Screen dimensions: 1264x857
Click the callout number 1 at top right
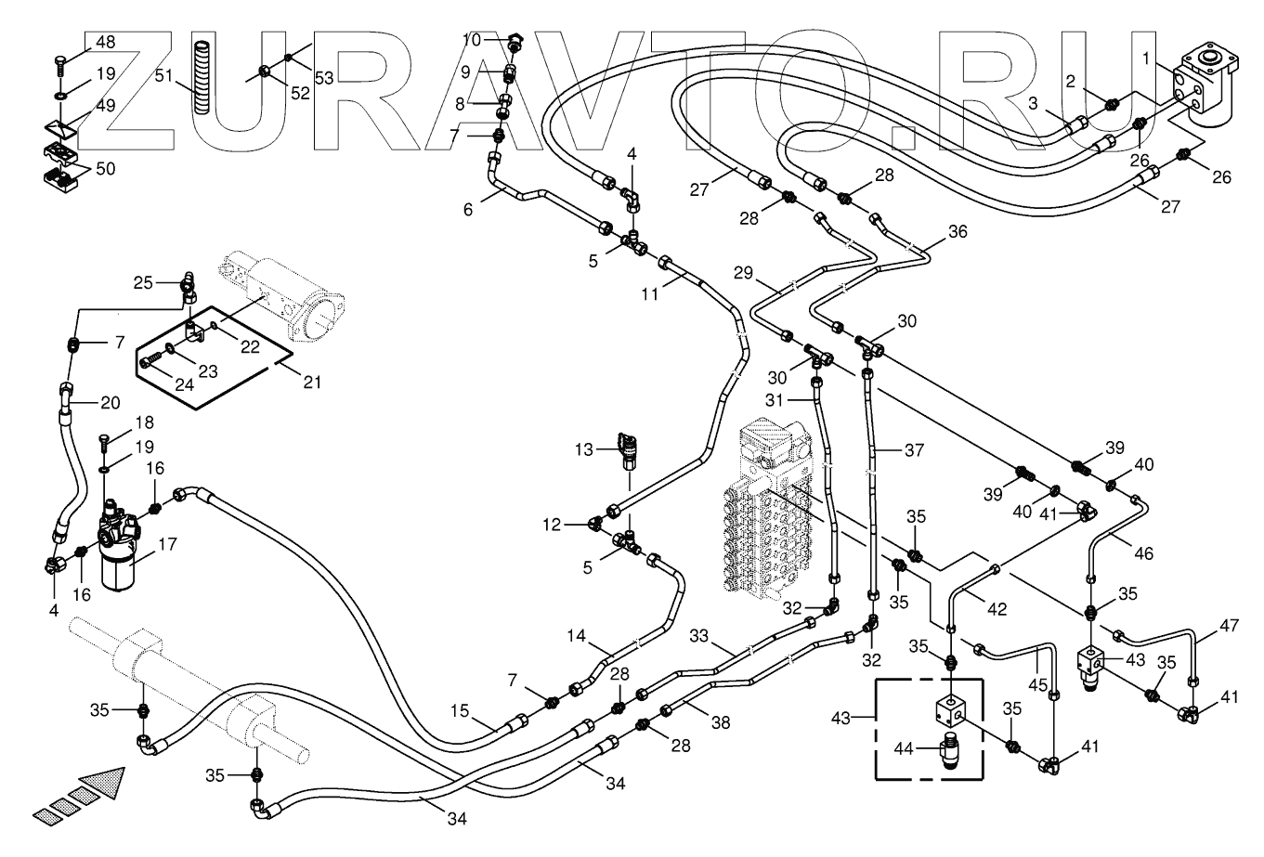point(1146,58)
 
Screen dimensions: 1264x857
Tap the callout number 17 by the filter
point(167,544)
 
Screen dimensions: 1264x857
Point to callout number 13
point(584,449)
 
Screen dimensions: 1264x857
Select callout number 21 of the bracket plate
point(312,382)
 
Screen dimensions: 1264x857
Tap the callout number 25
point(143,282)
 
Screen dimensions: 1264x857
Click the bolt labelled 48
point(60,67)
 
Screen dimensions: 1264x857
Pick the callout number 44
point(904,749)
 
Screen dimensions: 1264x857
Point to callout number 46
point(1144,553)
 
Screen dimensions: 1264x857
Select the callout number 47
point(1229,625)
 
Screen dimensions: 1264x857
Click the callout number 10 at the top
point(472,40)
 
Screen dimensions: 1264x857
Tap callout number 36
point(958,231)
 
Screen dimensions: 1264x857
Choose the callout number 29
point(743,272)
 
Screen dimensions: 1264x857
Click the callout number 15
point(460,711)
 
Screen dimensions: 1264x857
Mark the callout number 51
point(163,75)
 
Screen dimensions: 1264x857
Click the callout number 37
point(914,449)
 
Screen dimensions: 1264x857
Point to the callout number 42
point(997,609)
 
